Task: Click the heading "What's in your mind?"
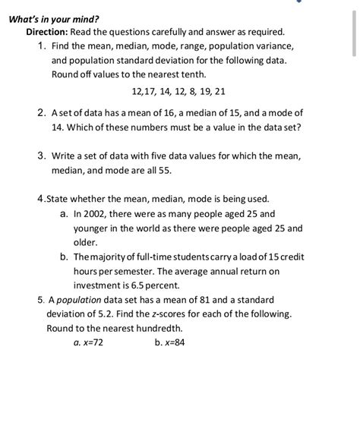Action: click(52, 18)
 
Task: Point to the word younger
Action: click(92, 228)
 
